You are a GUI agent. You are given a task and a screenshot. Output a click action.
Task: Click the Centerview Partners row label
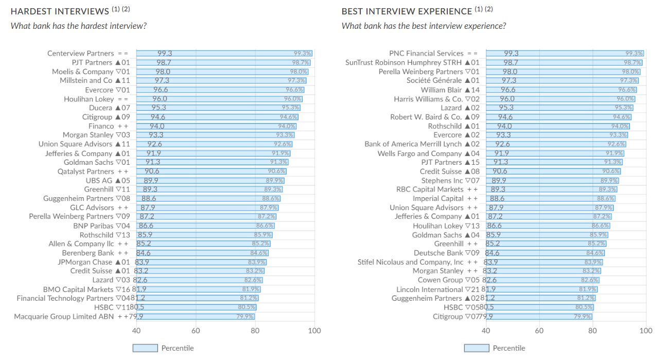coord(80,54)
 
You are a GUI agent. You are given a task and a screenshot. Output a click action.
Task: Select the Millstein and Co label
coord(86,81)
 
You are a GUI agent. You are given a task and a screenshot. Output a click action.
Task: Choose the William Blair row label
coord(441,90)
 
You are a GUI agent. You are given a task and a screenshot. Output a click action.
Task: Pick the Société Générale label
coord(434,81)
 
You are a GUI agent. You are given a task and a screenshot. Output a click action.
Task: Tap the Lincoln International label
coord(429,289)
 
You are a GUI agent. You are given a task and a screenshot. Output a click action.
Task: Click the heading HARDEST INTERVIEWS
coord(60,11)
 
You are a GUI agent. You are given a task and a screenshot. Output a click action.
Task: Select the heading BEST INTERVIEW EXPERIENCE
coord(407,11)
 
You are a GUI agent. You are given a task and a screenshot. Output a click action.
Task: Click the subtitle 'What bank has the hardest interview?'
coord(78,26)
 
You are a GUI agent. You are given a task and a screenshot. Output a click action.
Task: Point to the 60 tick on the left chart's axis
coord(196,331)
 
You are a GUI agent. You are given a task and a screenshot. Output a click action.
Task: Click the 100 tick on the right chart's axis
coord(645,331)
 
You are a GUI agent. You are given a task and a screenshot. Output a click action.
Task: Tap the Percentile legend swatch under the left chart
coord(145,348)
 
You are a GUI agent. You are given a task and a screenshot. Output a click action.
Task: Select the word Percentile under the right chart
coord(509,348)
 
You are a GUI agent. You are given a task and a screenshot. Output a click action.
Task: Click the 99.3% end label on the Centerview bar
coord(303,54)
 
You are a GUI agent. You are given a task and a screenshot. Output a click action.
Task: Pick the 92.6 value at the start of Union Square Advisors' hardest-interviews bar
coord(155,144)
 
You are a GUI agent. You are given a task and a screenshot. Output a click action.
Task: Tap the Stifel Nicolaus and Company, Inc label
coord(403,262)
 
